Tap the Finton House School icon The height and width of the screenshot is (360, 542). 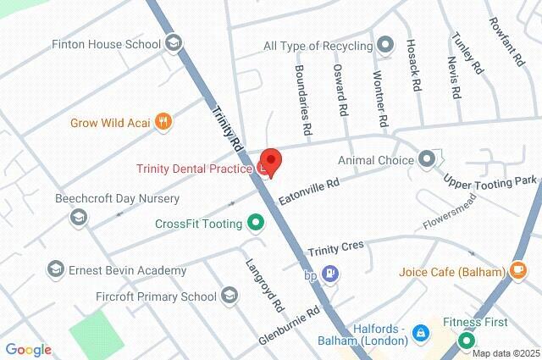tap(174, 42)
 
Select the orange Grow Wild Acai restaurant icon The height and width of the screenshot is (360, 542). tap(164, 122)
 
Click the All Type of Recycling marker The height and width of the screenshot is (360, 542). tap(385, 44)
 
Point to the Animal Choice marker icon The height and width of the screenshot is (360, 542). tap(426, 158)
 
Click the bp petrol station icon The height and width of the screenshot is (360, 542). tap(332, 274)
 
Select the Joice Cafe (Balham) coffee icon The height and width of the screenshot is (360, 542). tap(517, 272)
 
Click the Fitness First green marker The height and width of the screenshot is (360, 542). tap(467, 341)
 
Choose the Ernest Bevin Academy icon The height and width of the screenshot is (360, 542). tap(56, 270)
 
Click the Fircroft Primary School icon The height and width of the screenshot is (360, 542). tap(229, 296)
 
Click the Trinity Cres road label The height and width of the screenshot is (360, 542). tap(335, 247)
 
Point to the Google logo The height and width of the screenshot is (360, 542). tap(28, 350)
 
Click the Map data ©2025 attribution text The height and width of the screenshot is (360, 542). tap(506, 353)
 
